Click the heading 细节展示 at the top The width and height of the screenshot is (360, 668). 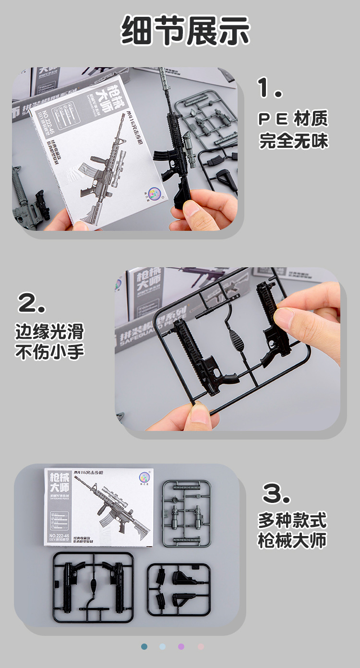(x=185, y=30)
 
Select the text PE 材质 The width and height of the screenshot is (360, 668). (x=293, y=119)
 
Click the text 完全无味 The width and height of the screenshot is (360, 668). (x=294, y=141)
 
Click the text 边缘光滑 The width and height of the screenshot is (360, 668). (x=49, y=331)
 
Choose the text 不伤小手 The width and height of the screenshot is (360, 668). (x=49, y=352)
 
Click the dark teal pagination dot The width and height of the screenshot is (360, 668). (x=144, y=646)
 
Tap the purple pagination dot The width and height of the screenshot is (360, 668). (x=181, y=646)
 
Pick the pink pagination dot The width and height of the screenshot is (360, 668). (x=201, y=646)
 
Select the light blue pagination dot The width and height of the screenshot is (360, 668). (x=163, y=646)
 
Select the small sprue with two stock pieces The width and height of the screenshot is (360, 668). (x=179, y=590)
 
